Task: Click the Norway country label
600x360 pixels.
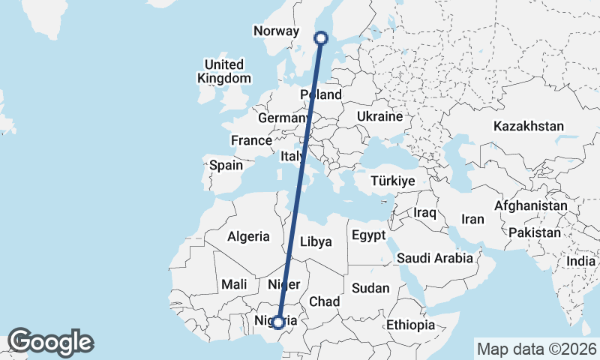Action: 277,31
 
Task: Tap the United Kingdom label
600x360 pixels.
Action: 224,71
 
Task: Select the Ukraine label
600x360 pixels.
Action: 380,117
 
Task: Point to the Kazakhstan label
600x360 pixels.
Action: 528,126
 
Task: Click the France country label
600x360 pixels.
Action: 251,140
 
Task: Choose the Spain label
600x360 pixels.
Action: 226,165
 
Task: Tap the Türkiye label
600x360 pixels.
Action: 393,181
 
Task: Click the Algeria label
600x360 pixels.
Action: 248,236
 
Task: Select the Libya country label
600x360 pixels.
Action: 315,241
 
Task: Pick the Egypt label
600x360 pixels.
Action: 368,235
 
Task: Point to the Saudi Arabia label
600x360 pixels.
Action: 435,258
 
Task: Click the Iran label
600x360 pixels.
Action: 472,219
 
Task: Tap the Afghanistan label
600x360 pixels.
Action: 531,205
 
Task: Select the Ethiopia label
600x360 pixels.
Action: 410,325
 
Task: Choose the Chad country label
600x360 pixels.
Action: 325,301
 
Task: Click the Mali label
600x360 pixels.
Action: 235,284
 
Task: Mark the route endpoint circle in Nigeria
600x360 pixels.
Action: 278,322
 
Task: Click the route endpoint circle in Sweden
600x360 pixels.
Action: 321,37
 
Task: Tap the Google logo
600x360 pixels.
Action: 50,342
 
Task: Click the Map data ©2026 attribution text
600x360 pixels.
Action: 536,349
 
